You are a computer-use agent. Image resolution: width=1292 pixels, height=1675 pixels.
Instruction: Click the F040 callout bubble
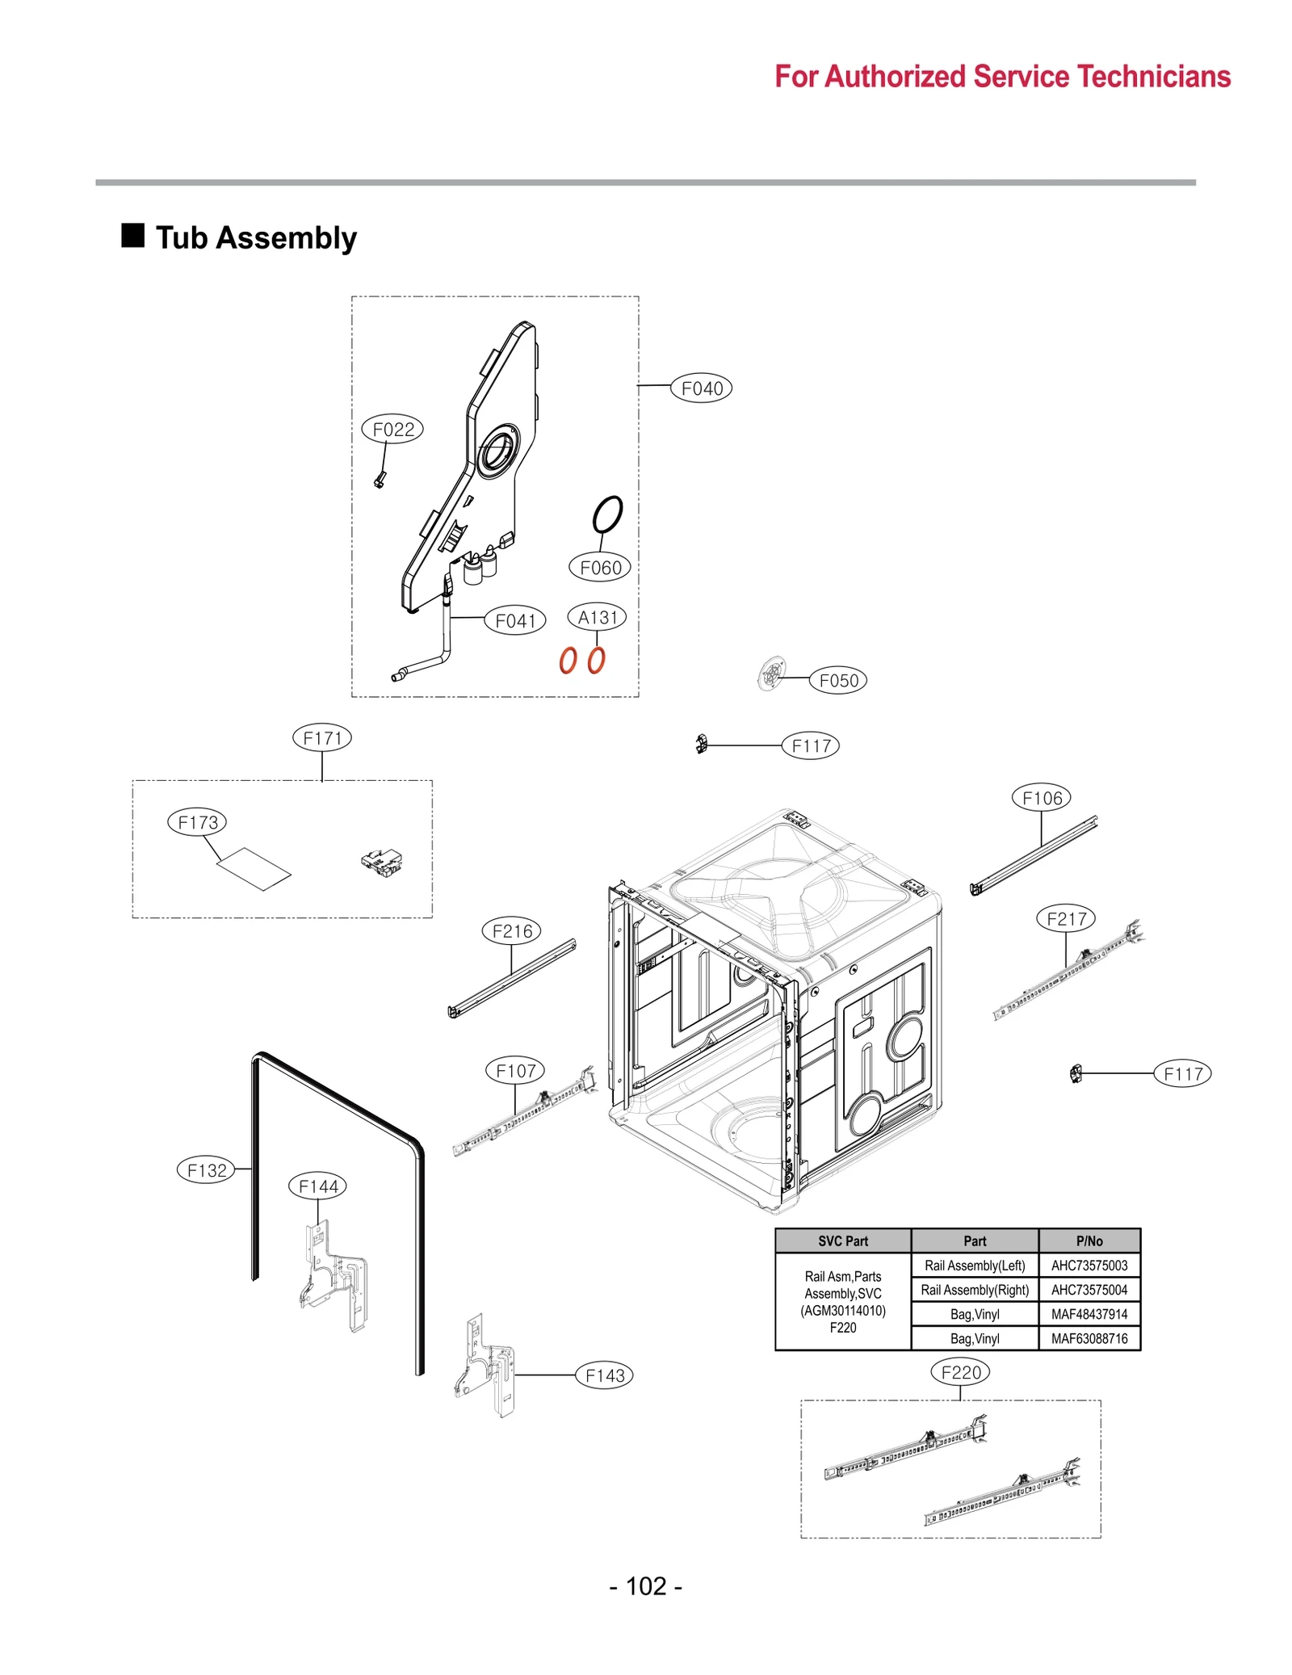701,388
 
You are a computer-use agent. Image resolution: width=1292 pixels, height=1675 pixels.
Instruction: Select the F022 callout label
392,430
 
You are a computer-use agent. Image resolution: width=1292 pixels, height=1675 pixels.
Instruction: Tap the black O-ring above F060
607,514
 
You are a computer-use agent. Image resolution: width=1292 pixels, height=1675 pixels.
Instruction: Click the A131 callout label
597,617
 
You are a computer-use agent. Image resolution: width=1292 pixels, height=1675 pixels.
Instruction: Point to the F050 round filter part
772,674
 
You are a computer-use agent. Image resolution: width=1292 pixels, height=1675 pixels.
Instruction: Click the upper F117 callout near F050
810,745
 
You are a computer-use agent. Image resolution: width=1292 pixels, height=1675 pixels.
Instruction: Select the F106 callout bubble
1041,798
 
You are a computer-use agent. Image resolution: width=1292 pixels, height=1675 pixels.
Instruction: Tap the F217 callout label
1065,918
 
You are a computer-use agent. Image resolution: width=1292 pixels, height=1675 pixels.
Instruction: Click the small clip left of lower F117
1075,1073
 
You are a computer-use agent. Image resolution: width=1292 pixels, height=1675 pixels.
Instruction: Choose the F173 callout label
197,822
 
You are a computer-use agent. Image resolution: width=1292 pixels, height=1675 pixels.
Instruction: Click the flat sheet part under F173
254,868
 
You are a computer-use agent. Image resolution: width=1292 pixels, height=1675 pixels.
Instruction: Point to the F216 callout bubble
511,930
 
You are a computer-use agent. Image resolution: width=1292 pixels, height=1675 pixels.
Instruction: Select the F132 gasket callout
206,1169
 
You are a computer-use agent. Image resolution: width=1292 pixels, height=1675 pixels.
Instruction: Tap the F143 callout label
604,1375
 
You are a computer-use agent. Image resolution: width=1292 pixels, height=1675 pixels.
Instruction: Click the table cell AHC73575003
1088,1265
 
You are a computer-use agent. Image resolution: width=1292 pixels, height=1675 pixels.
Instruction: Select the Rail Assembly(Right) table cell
974,1289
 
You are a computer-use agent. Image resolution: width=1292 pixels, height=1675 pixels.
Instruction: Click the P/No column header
1088,1241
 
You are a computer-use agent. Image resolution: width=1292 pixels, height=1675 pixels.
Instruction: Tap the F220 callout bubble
959,1371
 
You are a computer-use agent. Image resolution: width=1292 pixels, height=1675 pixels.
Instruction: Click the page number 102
645,1585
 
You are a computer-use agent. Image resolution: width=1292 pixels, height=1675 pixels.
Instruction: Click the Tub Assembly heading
255,238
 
